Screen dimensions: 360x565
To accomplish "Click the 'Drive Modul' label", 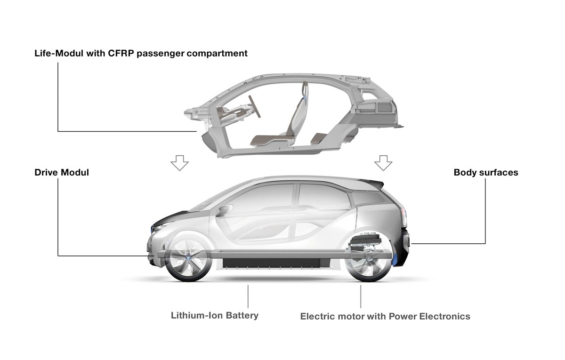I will [x=62, y=173].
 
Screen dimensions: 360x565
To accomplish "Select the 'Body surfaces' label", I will [x=485, y=173].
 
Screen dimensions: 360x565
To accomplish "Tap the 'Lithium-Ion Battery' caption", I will [x=215, y=315].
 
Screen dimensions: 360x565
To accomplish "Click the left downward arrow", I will [x=179, y=163].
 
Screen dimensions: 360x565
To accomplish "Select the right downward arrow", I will [x=383, y=163].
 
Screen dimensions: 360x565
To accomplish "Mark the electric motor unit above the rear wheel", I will [x=370, y=241].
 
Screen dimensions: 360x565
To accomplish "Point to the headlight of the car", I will [x=158, y=228].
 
